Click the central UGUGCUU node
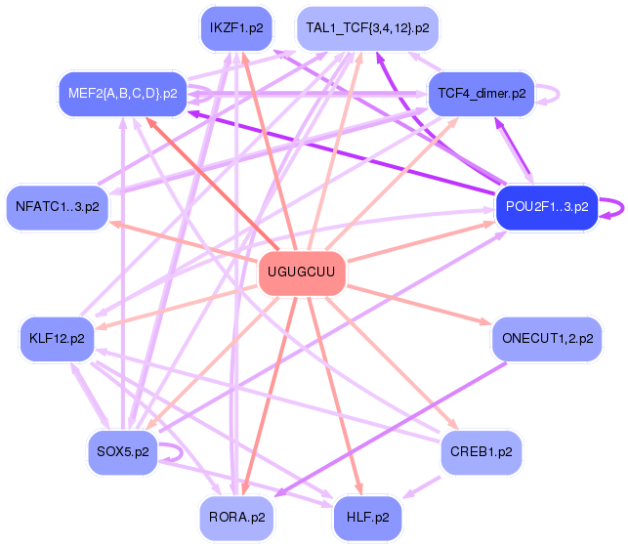pyautogui.click(x=302, y=273)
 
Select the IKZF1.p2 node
pyautogui.click(x=236, y=28)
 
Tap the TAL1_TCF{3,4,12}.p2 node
pyautogui.click(x=367, y=28)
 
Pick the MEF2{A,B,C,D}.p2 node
pyautogui.click(x=123, y=94)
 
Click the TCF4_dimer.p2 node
pyautogui.click(x=481, y=94)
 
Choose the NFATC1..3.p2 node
pyautogui.click(x=58, y=207)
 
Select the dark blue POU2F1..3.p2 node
pyautogui.click(x=547, y=207)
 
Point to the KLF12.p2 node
pyautogui.click(x=57, y=339)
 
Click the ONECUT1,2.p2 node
pyautogui.click(x=547, y=339)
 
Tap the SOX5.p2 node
pyautogui.click(x=123, y=452)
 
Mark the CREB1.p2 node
pyautogui.click(x=481, y=452)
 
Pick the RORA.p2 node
pyautogui.click(x=236, y=518)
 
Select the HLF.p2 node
pyautogui.click(x=367, y=518)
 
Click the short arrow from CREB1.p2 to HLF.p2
pyautogui.click(x=422, y=487)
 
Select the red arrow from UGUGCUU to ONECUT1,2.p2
pyautogui.click(x=419, y=305)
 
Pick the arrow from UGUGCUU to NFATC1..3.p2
pyautogui.click(x=184, y=241)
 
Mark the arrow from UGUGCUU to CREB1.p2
pyautogui.click(x=392, y=362)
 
